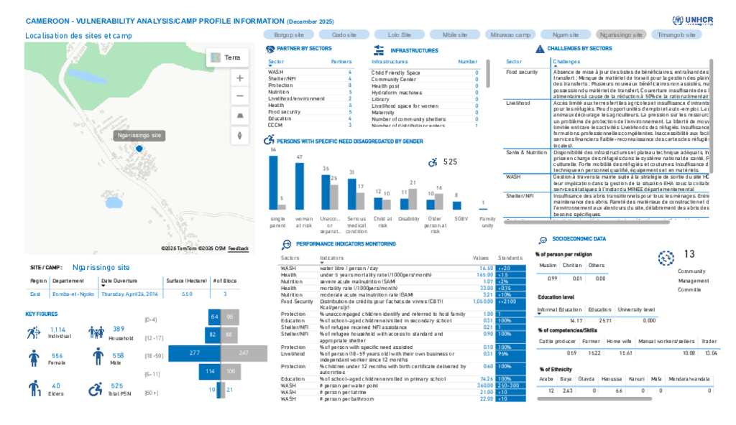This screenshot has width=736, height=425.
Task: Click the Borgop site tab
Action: (289, 34)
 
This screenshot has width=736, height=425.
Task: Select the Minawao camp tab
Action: (510, 34)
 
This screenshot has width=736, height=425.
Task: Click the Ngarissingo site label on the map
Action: (139, 135)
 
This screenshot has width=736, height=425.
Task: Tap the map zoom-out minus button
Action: (239, 96)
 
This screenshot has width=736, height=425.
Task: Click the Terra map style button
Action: (226, 57)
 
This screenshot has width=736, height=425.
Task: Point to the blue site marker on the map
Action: (139, 149)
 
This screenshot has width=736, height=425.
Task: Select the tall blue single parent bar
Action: (273, 183)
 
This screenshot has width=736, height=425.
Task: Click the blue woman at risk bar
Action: (299, 186)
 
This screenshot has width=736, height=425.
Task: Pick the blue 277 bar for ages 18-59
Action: (194, 353)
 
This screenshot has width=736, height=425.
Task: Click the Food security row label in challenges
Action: (522, 73)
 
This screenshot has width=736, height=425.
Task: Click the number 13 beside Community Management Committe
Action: (689, 254)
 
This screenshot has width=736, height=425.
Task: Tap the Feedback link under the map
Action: (239, 248)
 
